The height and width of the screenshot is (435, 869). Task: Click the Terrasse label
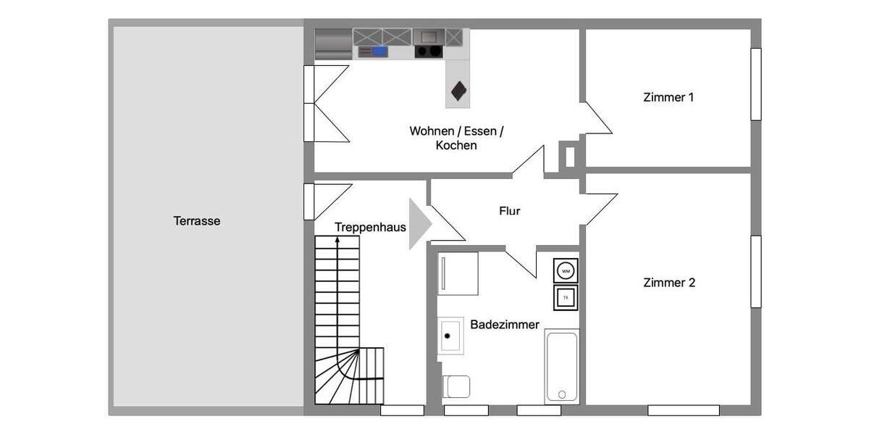click(196, 221)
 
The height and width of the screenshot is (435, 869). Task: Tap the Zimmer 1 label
click(668, 97)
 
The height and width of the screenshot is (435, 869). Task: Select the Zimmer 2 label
click(669, 283)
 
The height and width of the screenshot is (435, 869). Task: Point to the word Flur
click(510, 212)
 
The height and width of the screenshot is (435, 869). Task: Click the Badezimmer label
click(505, 325)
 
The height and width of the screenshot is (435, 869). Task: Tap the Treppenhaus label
click(370, 228)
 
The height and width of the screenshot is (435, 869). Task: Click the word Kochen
click(456, 145)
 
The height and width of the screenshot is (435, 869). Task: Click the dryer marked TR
click(566, 297)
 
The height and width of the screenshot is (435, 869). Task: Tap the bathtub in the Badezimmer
click(561, 366)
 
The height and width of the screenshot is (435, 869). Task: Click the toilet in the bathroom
click(457, 386)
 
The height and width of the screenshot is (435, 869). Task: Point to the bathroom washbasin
click(450, 336)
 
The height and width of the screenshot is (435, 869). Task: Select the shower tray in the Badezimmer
click(458, 273)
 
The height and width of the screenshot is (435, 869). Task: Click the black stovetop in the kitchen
click(429, 51)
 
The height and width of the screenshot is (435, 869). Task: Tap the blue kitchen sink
click(379, 51)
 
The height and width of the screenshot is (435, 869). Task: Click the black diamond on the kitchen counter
click(458, 91)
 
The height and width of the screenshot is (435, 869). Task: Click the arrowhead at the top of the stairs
click(337, 239)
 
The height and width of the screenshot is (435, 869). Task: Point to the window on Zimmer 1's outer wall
click(755, 84)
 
